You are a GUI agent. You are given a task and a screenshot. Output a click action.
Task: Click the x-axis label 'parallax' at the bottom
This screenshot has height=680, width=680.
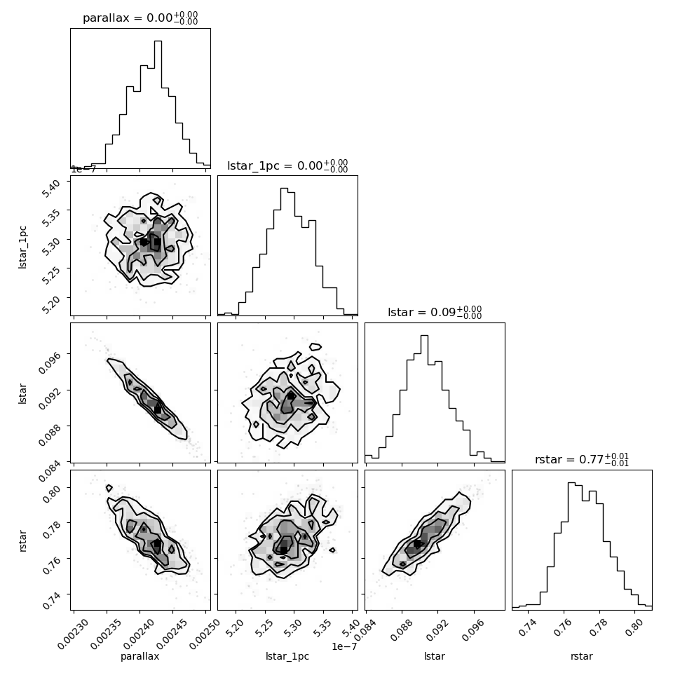pos(140,657)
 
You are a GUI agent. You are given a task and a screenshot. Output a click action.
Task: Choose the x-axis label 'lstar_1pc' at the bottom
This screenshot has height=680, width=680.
pos(287,657)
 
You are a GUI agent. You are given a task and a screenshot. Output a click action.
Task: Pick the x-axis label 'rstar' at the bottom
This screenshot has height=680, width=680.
pos(582,657)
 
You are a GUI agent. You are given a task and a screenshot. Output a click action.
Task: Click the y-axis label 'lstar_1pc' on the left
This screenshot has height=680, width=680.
pos(22,247)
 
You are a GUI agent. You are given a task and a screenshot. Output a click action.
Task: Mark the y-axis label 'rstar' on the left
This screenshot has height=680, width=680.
pos(22,540)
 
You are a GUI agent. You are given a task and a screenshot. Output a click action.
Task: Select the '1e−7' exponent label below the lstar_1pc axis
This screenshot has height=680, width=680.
pos(344,646)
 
